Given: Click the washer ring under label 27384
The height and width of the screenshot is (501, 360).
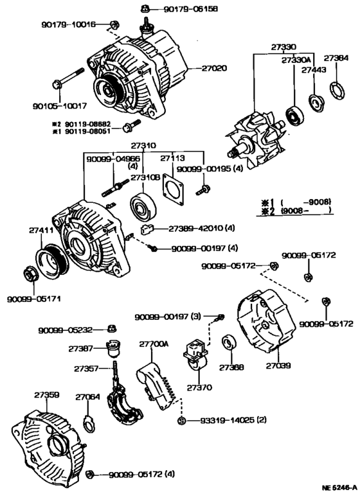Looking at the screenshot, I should (336, 89).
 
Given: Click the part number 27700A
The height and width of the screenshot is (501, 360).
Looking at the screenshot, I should (154, 344).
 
